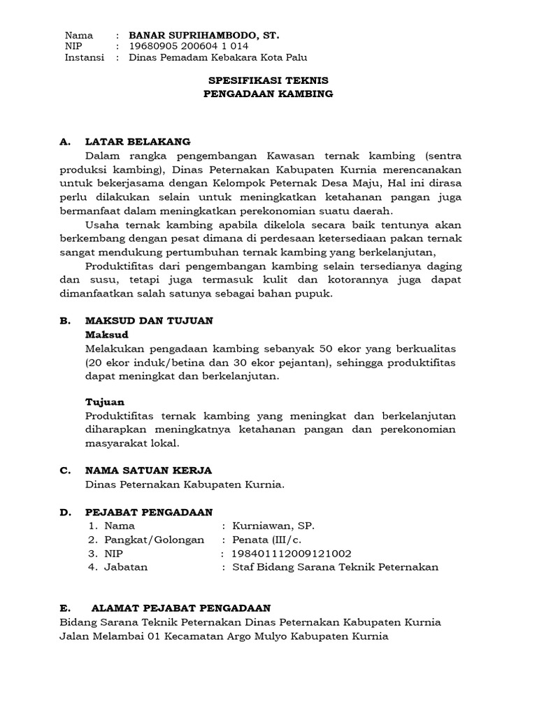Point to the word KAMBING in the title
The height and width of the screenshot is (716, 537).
[301, 93]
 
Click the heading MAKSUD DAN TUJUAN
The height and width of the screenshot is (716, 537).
[149, 320]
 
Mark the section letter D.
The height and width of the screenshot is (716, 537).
[64, 513]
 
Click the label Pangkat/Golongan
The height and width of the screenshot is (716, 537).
[155, 539]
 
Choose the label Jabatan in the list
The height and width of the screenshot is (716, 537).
[126, 567]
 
